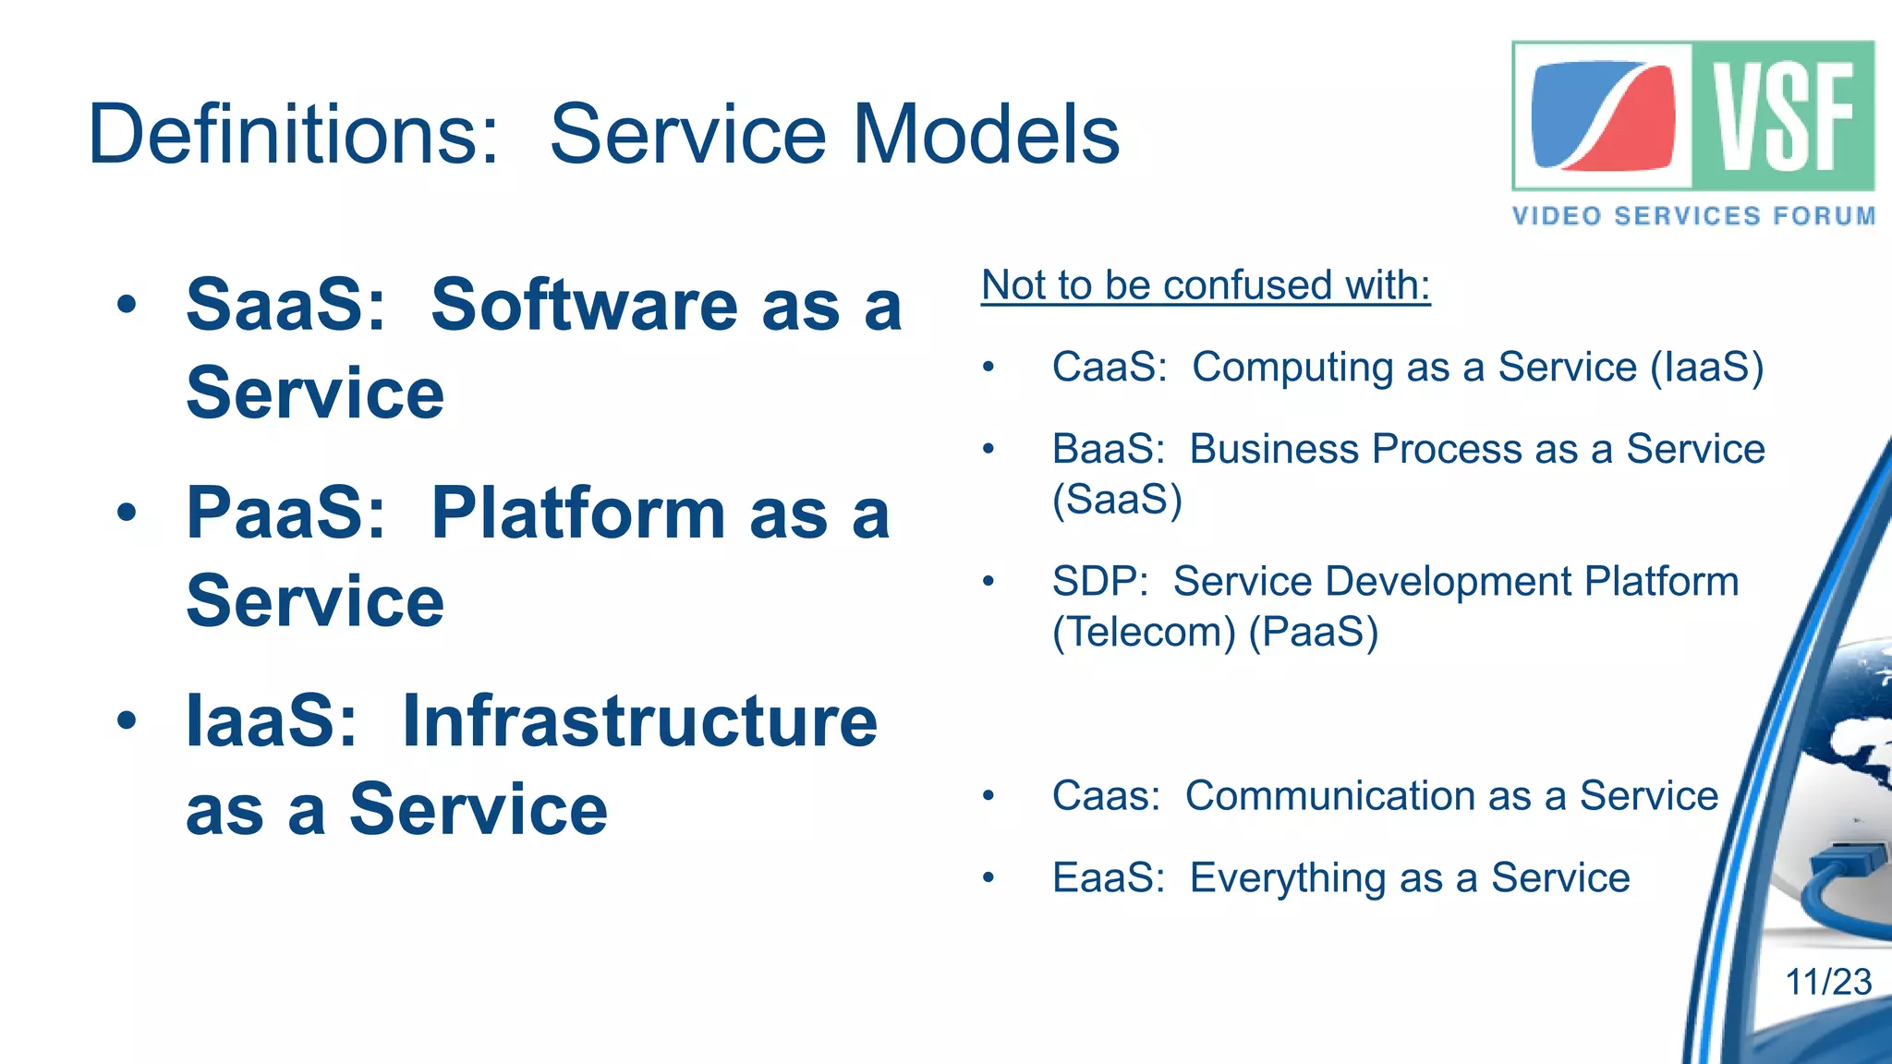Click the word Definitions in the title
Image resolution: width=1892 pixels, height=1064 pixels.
(294, 135)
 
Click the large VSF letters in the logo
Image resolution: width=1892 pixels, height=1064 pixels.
(1783, 116)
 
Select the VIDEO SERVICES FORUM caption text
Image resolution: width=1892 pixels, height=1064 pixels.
(1692, 216)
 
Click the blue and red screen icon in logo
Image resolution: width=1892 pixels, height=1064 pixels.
(1604, 116)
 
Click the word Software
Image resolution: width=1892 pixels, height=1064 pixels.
(584, 305)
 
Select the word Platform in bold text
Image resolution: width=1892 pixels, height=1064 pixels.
(578, 514)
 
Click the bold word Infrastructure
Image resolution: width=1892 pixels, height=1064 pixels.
(639, 722)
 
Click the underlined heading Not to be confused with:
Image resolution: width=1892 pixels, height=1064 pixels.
(1206, 285)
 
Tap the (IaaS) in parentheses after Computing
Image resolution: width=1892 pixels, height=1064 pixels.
(1706, 368)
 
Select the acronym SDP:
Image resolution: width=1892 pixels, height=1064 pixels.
(1099, 582)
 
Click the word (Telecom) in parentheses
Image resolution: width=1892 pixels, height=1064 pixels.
(1144, 633)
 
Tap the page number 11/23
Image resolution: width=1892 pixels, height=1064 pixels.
(1827, 982)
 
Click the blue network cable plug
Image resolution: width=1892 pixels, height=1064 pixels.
(1846, 863)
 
